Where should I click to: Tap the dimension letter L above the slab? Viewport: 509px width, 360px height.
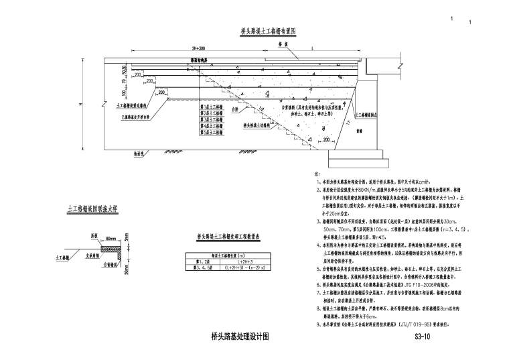pos(312,50)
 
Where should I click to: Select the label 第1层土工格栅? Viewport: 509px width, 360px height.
pos(210,105)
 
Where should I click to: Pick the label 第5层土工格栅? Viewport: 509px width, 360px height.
pos(210,133)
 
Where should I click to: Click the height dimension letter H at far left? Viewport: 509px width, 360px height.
pos(80,105)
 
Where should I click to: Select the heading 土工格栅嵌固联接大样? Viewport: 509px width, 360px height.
pos(93,209)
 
